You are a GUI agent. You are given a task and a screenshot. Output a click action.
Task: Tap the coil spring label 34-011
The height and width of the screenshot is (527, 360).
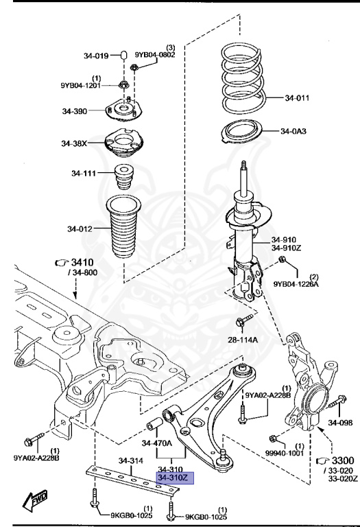[297, 98]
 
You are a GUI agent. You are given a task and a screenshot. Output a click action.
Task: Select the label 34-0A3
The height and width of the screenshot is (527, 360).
[293, 131]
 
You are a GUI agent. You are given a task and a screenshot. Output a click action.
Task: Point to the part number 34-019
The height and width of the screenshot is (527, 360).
[96, 56]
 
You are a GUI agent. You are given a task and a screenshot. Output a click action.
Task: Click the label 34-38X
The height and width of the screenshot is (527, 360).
[74, 143]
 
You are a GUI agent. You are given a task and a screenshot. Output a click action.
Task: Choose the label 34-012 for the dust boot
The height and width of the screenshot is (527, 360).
[80, 229]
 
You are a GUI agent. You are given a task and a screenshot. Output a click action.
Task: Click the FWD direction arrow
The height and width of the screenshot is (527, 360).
[35, 500]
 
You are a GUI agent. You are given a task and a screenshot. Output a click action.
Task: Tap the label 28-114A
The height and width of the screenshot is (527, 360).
[243, 340]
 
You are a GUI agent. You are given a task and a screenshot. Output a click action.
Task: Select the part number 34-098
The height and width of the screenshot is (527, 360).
[340, 423]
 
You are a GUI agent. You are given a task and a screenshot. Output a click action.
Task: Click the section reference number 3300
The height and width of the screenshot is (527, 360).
[343, 460]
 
